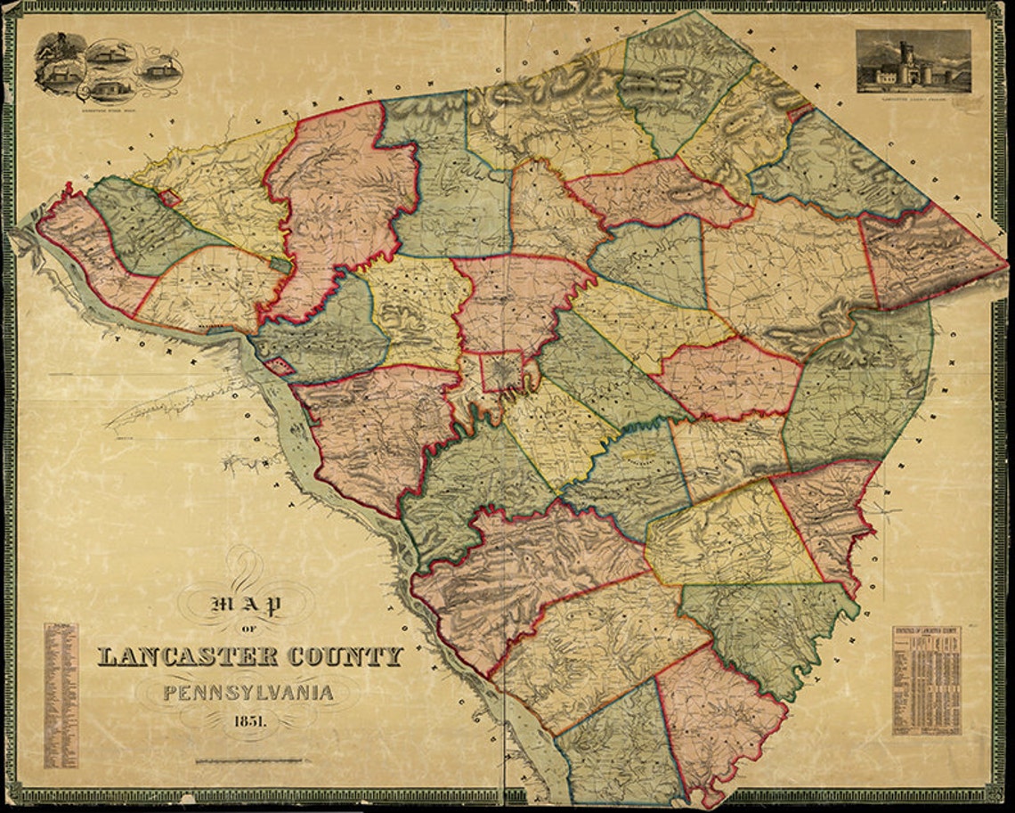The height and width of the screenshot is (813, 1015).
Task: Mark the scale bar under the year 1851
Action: point(248,760)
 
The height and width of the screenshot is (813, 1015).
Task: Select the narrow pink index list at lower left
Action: point(61,695)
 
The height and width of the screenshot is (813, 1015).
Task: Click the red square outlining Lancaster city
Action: point(501,371)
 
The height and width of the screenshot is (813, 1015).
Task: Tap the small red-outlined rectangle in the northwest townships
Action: point(169,198)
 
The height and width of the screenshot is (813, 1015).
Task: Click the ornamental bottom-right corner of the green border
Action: point(997,795)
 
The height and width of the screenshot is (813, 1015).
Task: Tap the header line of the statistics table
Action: point(927,631)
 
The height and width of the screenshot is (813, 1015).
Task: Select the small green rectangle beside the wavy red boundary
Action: point(280,264)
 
